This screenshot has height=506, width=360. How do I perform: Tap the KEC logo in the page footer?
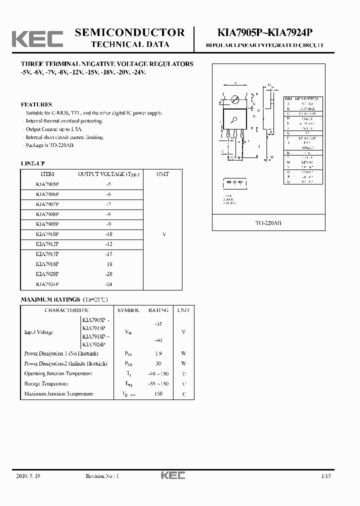pyautogui.click(x=172, y=475)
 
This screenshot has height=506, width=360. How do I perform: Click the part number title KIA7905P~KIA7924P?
pyautogui.click(x=265, y=33)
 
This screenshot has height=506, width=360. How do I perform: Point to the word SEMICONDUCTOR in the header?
pyautogui.click(x=129, y=32)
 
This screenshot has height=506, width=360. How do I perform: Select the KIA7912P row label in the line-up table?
pyautogui.click(x=47, y=244)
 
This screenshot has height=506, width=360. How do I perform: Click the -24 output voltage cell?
pyautogui.click(x=108, y=284)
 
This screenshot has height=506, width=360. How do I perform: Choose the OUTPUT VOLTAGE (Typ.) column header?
pyautogui.click(x=108, y=174)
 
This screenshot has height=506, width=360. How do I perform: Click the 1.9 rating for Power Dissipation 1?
pyautogui.click(x=158, y=353)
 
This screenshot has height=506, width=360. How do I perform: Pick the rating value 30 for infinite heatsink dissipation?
pyautogui.click(x=158, y=363)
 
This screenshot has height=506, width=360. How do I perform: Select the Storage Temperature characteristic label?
pyautogui.click(x=46, y=383)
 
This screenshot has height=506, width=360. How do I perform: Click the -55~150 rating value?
pyautogui.click(x=158, y=383)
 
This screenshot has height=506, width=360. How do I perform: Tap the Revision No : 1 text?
pyautogui.click(x=102, y=476)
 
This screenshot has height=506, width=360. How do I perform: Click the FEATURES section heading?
pyautogui.click(x=36, y=104)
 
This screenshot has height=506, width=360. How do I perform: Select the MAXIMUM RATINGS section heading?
pyautogui.click(x=50, y=299)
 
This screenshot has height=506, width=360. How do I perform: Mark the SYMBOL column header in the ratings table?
pyautogui.click(x=127, y=310)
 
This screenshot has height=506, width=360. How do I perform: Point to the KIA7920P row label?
pyautogui.click(x=47, y=274)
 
